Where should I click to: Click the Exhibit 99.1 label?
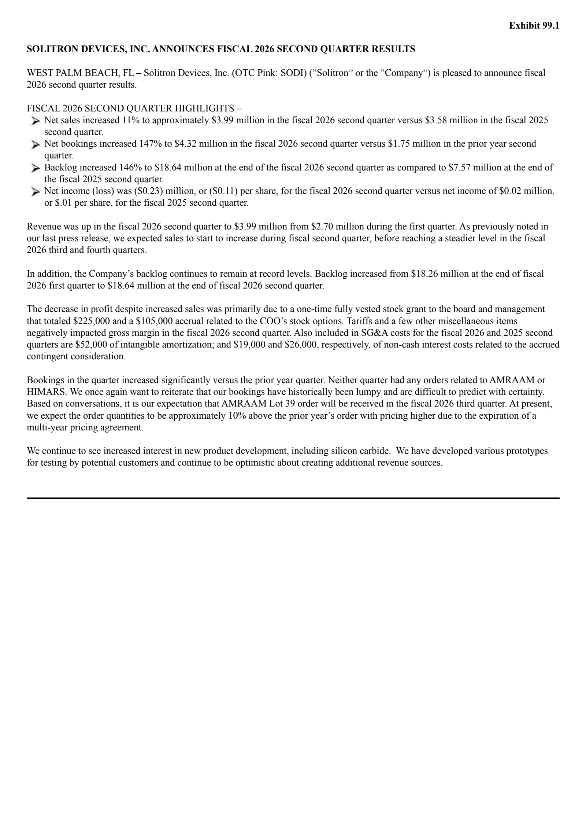pos(534,26)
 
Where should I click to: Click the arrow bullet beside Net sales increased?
pos(35,121)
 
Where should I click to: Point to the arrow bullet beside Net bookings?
pos(35,144)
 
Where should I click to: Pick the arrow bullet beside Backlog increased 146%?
pos(35,168)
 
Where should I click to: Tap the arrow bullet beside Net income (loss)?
pos(35,191)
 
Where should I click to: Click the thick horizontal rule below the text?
pos(293,498)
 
